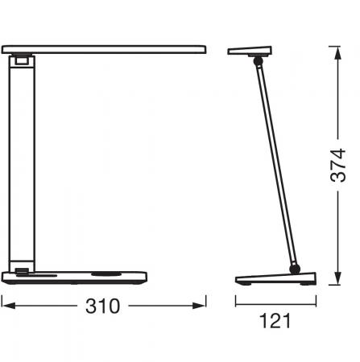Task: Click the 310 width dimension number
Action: point(102,306)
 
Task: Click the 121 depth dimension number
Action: point(275,321)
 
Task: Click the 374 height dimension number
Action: point(338,165)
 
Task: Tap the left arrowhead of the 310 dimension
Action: point(8,306)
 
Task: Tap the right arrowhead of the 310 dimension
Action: point(199,306)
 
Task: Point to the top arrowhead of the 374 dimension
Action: point(338,53)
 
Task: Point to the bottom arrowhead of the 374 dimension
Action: point(338,278)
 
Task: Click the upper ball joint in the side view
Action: point(258,61)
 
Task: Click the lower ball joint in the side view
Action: point(295,269)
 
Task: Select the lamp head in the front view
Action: point(104,50)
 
